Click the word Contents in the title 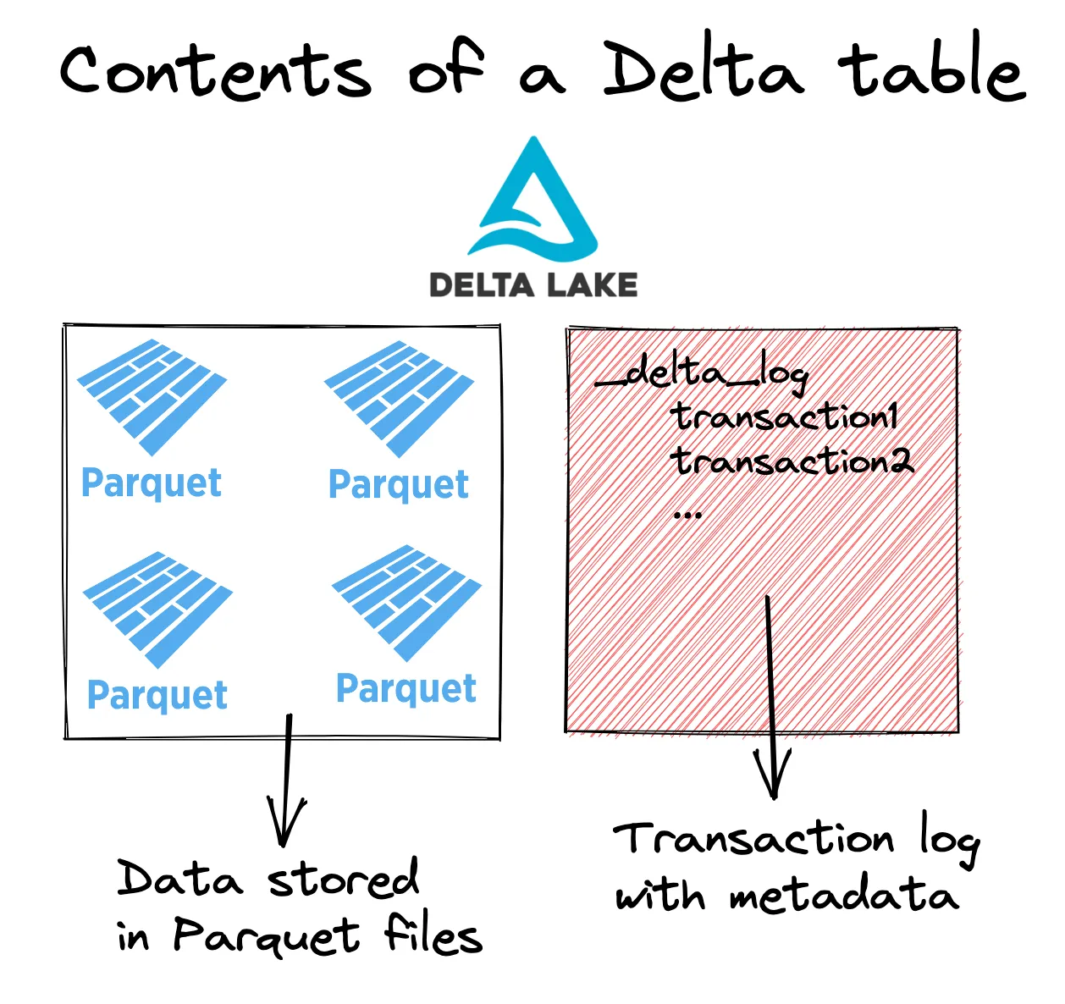click(x=215, y=71)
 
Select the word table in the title click(x=931, y=68)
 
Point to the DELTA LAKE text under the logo click(x=533, y=284)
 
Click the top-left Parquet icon click(x=152, y=394)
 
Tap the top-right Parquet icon click(x=399, y=396)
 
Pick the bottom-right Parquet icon click(x=407, y=601)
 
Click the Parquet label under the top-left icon click(x=152, y=483)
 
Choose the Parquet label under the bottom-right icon click(x=406, y=689)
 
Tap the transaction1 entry click(x=784, y=417)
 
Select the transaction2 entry click(x=792, y=462)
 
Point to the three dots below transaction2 click(x=687, y=513)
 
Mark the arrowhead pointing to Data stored click(x=286, y=825)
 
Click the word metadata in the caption click(x=843, y=896)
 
